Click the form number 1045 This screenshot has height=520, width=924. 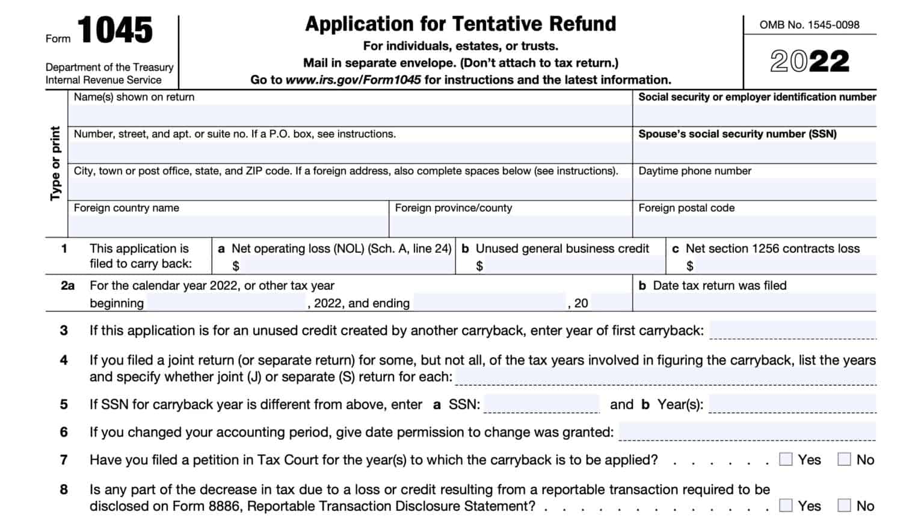[115, 30]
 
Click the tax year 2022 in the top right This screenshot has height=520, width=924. [810, 61]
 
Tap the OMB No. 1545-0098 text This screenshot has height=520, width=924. [809, 25]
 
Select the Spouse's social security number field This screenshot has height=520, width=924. [754, 152]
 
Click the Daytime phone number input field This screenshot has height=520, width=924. [754, 189]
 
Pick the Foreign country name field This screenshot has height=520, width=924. [229, 226]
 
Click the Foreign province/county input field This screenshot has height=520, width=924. [511, 226]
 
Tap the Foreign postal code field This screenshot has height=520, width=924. [754, 226]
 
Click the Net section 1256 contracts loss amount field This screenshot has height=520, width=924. [785, 265]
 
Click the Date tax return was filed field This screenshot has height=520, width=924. [754, 302]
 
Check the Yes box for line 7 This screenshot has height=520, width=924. [786, 459]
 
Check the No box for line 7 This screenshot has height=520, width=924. [845, 459]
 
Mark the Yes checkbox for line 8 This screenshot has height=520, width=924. [786, 505]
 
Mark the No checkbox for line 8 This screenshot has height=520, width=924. [845, 505]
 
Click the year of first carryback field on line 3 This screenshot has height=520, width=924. [792, 330]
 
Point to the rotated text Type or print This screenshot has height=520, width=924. [56, 163]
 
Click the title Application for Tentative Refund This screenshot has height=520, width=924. [460, 24]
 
